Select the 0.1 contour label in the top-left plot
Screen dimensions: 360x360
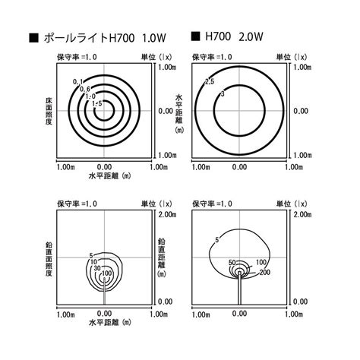(x=77, y=81)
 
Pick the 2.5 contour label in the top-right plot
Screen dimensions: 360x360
(x=210, y=81)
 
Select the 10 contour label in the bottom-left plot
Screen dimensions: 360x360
(x=94, y=261)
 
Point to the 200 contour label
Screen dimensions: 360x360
(x=264, y=272)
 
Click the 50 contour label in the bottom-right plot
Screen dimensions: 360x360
(x=232, y=262)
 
